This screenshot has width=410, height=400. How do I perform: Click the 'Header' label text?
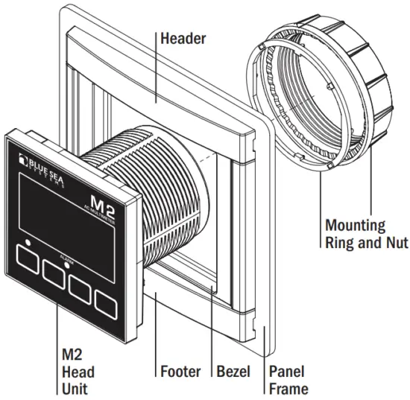[184, 37]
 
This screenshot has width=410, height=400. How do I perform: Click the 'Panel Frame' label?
[287, 379]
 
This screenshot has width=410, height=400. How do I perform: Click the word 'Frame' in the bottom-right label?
[287, 388]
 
